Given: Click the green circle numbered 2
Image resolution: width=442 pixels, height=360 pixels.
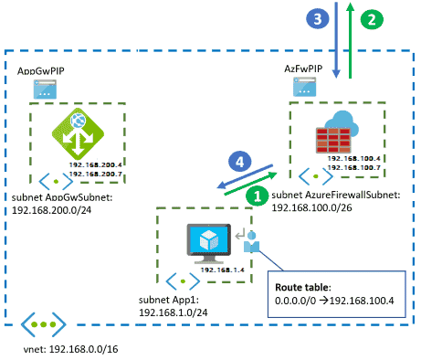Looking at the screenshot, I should pos(371,18).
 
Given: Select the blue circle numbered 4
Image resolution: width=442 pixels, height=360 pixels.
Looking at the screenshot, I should pos(240,161).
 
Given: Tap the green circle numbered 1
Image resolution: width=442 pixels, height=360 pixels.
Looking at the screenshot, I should pos(258,195).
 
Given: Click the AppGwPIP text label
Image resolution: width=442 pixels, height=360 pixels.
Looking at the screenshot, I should pos(41,70).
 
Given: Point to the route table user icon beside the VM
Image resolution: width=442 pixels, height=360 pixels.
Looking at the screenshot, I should pos(251,241).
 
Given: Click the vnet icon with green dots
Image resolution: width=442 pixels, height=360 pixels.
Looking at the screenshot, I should pos(42,324).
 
